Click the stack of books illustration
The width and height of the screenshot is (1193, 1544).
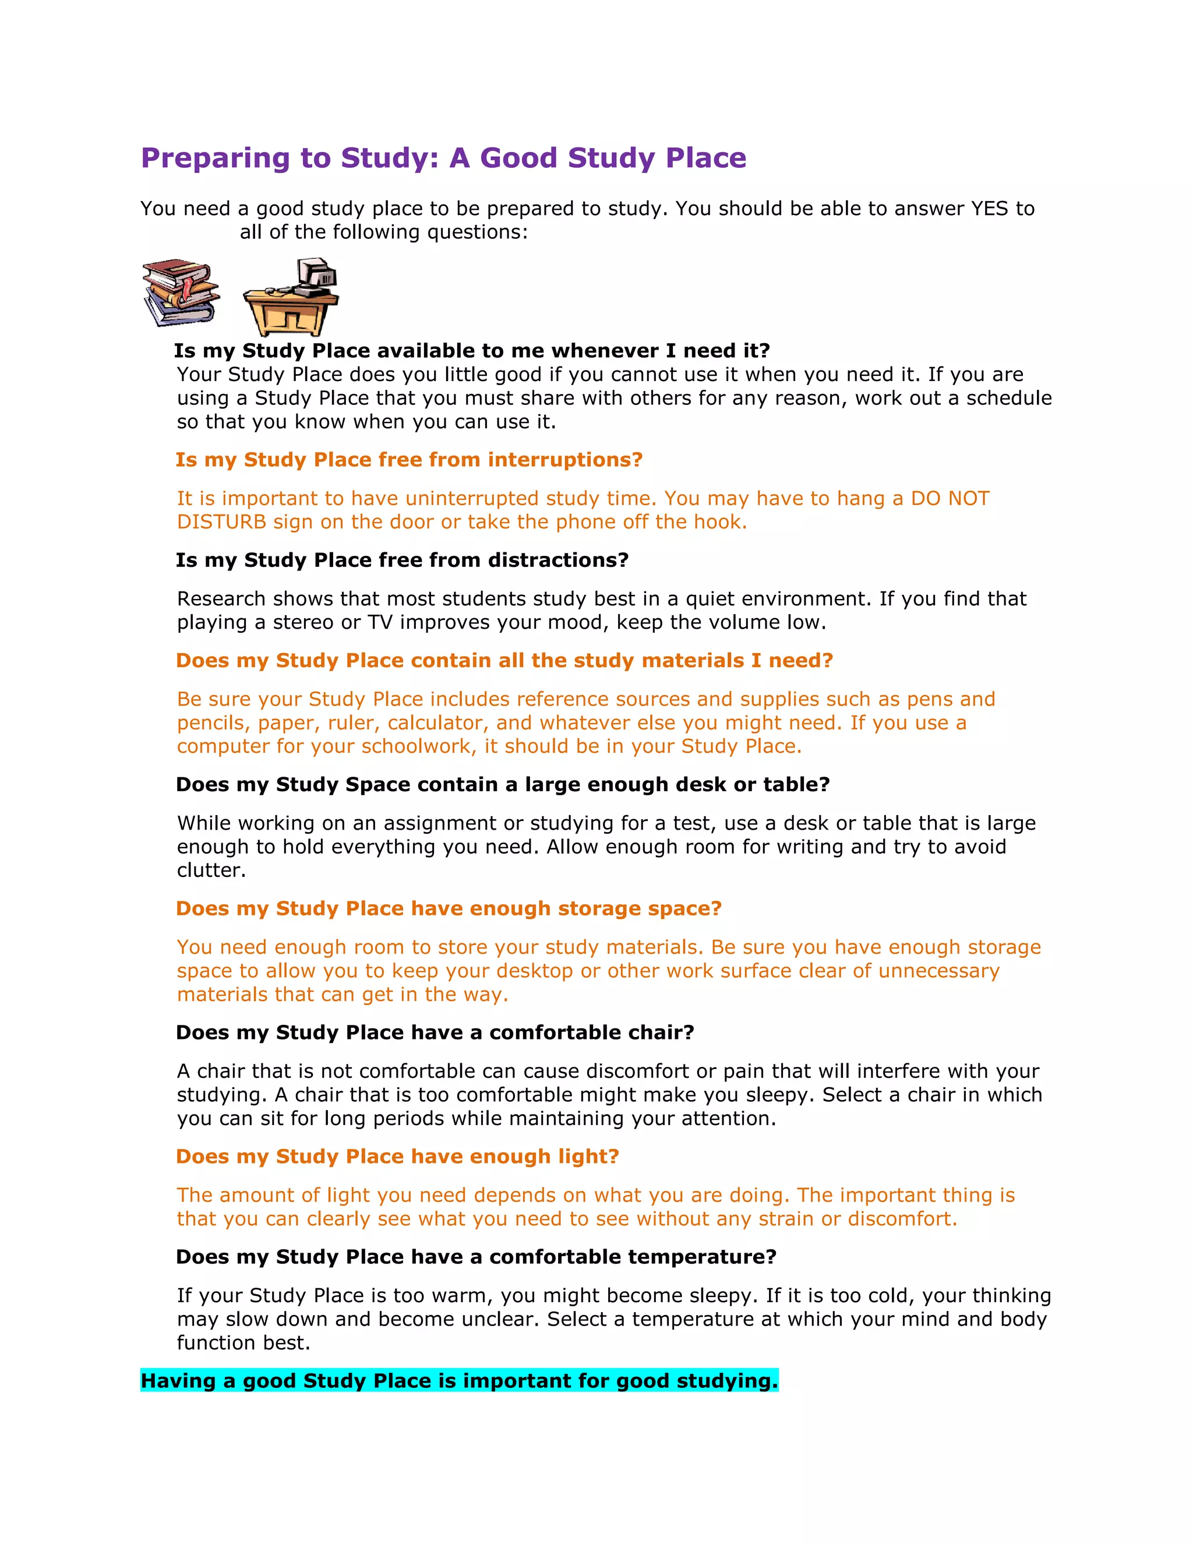coord(180,292)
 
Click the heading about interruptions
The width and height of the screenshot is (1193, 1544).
coord(408,460)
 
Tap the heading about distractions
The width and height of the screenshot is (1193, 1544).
coord(401,561)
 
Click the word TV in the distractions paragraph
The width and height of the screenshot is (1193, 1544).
coord(380,623)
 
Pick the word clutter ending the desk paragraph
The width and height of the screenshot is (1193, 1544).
coord(210,870)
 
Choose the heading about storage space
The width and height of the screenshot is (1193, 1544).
coord(448,909)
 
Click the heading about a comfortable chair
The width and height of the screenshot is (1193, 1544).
coord(435,1033)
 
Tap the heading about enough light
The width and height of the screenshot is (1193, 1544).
coord(397,1157)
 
